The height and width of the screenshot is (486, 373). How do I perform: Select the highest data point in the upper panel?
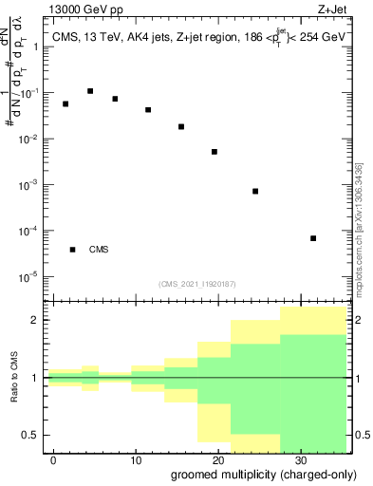pyautogui.click(x=90, y=91)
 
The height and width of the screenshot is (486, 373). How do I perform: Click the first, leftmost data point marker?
pyautogui.click(x=65, y=103)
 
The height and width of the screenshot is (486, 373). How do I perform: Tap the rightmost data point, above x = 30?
pyautogui.click(x=313, y=238)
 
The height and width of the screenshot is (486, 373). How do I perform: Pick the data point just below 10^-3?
pyautogui.click(x=255, y=191)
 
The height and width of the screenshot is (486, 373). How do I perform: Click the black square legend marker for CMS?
pyautogui.click(x=73, y=250)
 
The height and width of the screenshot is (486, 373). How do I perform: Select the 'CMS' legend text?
pyautogui.click(x=99, y=250)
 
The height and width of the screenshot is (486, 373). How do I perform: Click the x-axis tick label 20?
pyautogui.click(x=218, y=458)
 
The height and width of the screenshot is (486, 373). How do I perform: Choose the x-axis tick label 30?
pyautogui.click(x=301, y=458)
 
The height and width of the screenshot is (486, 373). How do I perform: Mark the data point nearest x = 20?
pyautogui.click(x=214, y=152)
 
